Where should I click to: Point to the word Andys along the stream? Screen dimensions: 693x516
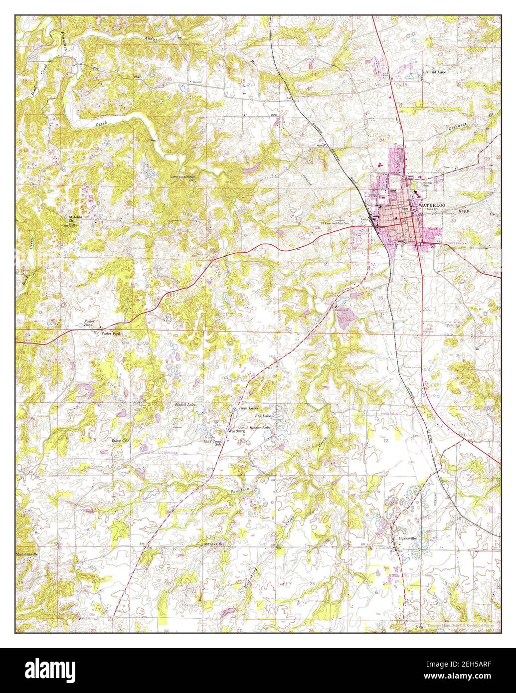tap(151, 38)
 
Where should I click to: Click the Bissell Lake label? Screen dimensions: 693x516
tap(187, 405)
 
